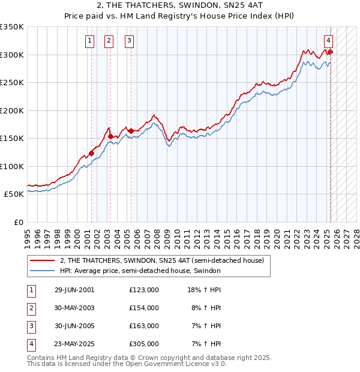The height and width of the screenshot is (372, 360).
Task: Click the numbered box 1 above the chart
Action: coord(89,41)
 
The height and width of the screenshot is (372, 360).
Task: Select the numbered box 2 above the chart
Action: coord(109,41)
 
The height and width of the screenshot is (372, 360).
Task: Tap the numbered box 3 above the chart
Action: coord(129,41)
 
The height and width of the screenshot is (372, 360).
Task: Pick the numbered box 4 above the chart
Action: coord(329,41)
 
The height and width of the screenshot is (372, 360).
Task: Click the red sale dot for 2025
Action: coord(330,52)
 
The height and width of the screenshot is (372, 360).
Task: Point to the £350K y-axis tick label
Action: coord(12,27)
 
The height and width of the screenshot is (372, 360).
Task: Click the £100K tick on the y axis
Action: coord(12,166)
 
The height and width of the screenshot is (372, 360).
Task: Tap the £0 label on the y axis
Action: coord(18,222)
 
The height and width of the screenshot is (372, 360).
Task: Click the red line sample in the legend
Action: coord(43,260)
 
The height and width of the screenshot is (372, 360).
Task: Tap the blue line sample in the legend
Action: coord(43,271)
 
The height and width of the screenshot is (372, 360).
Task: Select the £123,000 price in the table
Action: coord(144,290)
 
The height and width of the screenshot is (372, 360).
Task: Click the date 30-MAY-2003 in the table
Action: coord(74,308)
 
